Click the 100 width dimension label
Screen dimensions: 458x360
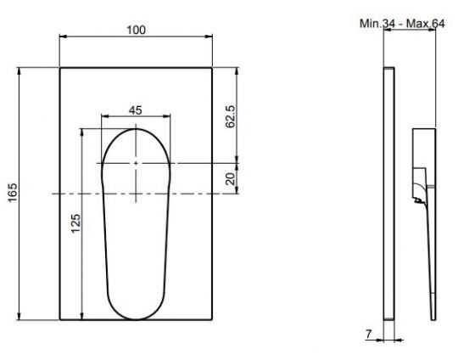click(136, 30)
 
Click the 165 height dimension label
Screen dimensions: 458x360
click(13, 193)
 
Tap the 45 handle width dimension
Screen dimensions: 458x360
click(136, 110)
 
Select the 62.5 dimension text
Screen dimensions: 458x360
click(231, 116)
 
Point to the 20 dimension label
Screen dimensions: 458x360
click(231, 178)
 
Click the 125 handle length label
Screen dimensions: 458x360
click(75, 223)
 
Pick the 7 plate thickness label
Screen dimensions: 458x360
click(369, 334)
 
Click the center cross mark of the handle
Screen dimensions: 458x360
click(136, 163)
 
